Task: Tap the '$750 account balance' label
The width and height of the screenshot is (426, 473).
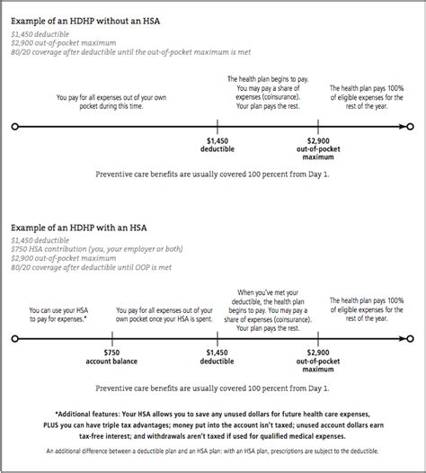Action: click(111, 359)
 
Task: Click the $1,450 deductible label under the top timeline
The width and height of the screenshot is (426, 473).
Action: click(218, 146)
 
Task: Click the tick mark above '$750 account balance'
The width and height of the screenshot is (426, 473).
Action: click(111, 340)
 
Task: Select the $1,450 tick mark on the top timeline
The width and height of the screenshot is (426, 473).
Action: click(218, 127)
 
